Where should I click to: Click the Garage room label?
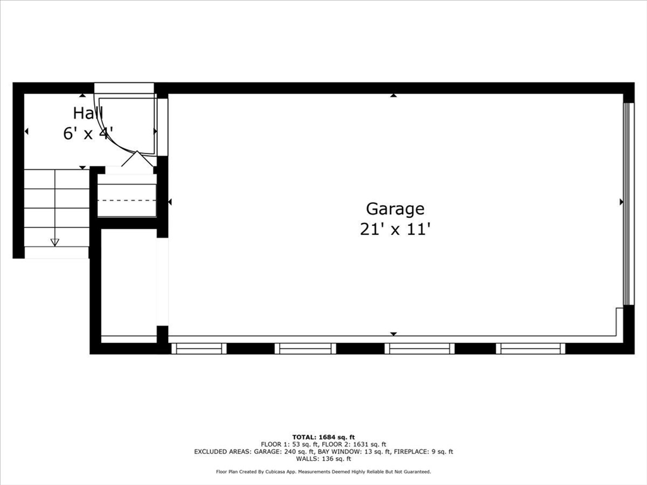[x=395, y=208]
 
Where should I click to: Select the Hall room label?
[x=87, y=114]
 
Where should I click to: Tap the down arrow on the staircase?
[x=54, y=242]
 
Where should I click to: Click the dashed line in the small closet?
[x=126, y=200]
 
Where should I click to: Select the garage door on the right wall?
[x=627, y=202]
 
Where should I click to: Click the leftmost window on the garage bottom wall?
[x=198, y=348]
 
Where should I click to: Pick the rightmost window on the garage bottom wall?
[x=531, y=348]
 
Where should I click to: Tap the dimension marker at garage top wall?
[x=393, y=95]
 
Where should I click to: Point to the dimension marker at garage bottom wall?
[x=393, y=333]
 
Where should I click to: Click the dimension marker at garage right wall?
[x=621, y=201]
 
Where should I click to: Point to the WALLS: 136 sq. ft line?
[x=323, y=459]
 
